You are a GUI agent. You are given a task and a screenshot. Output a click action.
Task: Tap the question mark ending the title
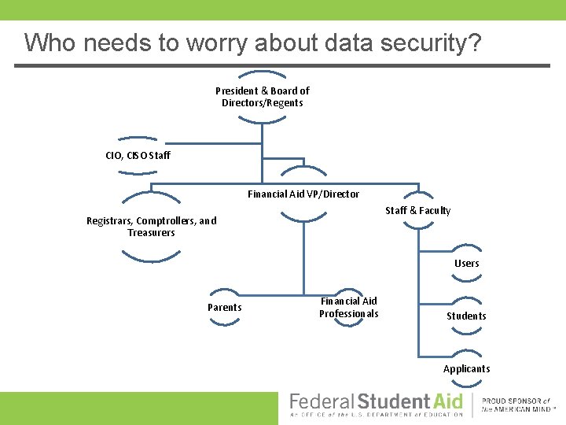[474, 43]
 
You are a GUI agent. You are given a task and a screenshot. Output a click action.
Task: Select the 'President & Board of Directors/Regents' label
[263, 97]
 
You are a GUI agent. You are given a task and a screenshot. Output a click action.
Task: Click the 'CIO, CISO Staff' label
[138, 155]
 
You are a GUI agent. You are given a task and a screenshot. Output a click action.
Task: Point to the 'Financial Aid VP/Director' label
[303, 194]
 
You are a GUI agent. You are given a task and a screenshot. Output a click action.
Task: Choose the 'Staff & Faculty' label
[417, 210]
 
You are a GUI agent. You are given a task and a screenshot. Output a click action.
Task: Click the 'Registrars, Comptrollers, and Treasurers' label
[151, 227]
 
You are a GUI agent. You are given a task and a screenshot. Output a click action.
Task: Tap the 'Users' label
[466, 263]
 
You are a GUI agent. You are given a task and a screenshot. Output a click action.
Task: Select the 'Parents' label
[224, 307]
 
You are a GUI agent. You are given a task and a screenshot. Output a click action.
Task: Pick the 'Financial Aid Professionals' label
[348, 307]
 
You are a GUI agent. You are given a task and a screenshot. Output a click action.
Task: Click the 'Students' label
[466, 316]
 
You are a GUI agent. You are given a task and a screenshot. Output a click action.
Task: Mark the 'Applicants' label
[466, 368]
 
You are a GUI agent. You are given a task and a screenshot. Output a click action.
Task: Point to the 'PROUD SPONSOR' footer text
[516, 401]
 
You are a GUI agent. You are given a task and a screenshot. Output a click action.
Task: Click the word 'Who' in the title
[48, 43]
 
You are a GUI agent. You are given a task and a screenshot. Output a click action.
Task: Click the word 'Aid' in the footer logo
[447, 401]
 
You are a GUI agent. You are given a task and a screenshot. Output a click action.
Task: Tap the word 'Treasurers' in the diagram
[151, 233]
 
